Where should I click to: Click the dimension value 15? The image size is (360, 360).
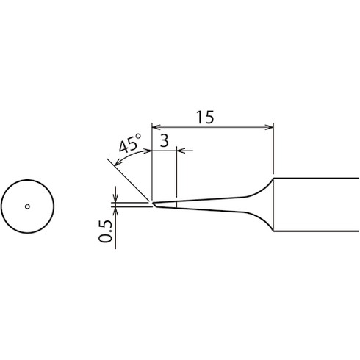click(205, 117)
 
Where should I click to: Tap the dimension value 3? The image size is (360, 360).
click(164, 141)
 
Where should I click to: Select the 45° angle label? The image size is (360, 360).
click(130, 143)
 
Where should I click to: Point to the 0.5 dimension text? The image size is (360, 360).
click(105, 231)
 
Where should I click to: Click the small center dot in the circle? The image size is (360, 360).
click(27, 206)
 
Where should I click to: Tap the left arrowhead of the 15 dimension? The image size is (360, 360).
click(156, 127)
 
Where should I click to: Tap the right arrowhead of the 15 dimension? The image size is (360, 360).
click(270, 127)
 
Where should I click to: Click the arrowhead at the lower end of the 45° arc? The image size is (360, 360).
click(118, 162)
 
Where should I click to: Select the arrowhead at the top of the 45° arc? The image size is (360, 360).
click(148, 151)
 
